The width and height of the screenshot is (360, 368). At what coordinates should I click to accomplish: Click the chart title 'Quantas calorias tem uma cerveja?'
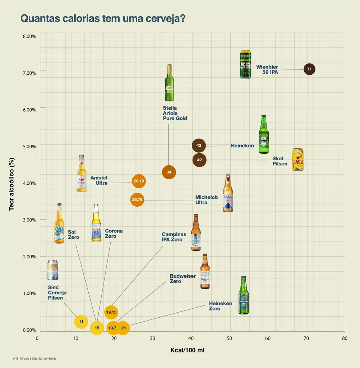pos(103,18)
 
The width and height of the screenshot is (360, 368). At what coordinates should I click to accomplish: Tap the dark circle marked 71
pos(309,69)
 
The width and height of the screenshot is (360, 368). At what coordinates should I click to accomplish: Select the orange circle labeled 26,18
pos(139,181)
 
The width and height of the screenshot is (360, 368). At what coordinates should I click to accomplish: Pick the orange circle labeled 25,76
pos(137,199)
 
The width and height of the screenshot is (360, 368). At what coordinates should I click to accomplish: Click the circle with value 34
pos(169,172)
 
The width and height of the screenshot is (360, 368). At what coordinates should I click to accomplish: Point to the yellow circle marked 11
pos(81,322)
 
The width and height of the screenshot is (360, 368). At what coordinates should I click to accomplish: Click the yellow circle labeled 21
pos(123,328)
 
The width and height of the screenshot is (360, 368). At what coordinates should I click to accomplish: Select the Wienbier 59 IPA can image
pos(245,64)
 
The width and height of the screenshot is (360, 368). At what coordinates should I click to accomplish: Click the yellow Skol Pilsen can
pos(297,159)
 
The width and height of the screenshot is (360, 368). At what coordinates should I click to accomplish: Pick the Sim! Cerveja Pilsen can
pos(52,270)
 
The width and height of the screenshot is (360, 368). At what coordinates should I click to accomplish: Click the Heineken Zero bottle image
pos(243,295)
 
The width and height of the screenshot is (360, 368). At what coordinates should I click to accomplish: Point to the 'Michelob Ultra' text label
pos(206,200)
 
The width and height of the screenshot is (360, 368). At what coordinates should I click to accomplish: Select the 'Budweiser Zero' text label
pos(183,279)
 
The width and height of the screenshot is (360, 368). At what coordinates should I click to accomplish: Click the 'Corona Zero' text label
pos(114,234)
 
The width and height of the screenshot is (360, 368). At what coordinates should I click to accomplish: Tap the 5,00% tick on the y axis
pos(29,147)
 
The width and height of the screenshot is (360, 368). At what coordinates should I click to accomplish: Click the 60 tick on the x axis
pos(268,338)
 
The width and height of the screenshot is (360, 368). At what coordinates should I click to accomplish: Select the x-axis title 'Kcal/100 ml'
pos(187,350)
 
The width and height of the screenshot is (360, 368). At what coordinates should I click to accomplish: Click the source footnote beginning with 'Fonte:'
pos(34,358)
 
